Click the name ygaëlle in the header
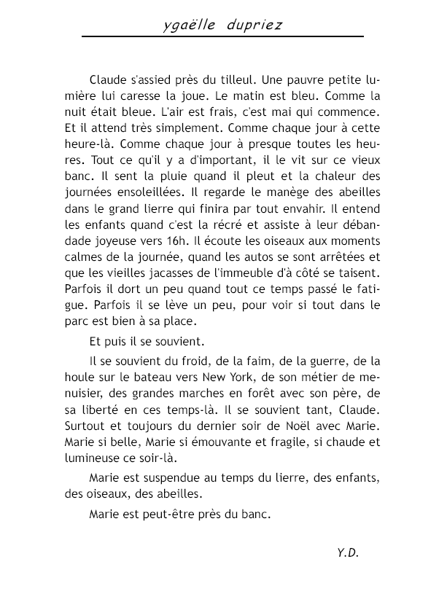pyautogui.click(x=191, y=26)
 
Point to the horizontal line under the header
pyautogui.click(x=222, y=36)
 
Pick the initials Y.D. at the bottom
pyautogui.click(x=349, y=553)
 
